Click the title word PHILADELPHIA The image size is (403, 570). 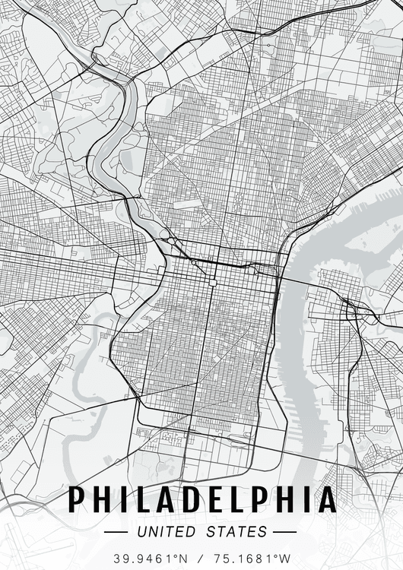click(x=201, y=499)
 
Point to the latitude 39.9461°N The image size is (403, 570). click(x=151, y=558)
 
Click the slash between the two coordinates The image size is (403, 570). click(x=201, y=558)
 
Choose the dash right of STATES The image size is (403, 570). click(x=284, y=532)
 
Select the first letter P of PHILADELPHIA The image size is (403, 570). click(x=78, y=499)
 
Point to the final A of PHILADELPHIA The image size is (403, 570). click(x=326, y=499)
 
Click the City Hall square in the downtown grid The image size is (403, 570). click(x=213, y=282)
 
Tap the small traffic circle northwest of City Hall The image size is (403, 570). click(x=194, y=263)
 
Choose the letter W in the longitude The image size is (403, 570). click(x=286, y=558)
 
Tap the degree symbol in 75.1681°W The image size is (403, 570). click(x=275, y=555)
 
